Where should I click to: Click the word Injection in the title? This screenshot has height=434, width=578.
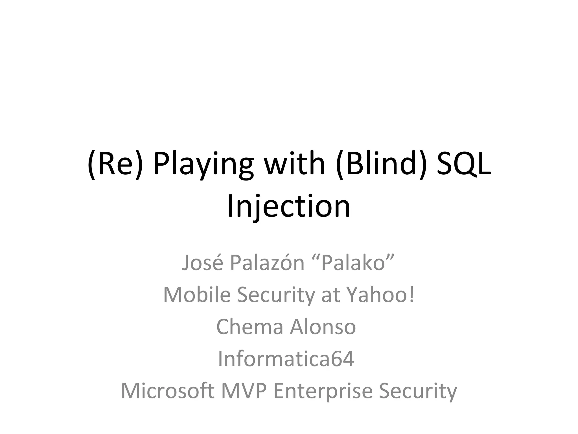pyautogui.click(x=289, y=207)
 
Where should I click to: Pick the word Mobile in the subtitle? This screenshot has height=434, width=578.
pyautogui.click(x=197, y=295)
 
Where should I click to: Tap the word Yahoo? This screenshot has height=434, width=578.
pyautogui.click(x=380, y=295)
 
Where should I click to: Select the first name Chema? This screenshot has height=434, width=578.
pyautogui.click(x=249, y=327)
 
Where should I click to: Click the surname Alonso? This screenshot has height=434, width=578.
pyautogui.click(x=323, y=327)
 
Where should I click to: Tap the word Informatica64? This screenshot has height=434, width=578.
pyautogui.click(x=286, y=359)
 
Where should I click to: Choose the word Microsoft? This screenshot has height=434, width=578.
pyautogui.click(x=167, y=391)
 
